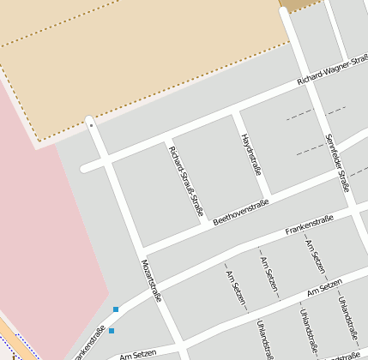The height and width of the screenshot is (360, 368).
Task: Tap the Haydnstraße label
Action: coord(250,154)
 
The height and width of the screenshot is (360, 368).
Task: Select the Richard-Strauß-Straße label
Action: coord(187,181)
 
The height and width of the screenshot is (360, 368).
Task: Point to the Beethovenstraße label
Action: coord(241,211)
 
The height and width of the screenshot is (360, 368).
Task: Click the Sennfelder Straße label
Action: coord(337,163)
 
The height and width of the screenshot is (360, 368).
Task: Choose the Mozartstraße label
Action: coord(152,279)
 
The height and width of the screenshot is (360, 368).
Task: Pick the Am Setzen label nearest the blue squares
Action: coord(138,354)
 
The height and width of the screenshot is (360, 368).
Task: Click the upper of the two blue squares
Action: coord(116,309)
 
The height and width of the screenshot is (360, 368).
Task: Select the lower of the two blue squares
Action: coord(112,330)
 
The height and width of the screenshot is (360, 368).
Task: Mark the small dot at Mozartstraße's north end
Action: coord(90,124)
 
